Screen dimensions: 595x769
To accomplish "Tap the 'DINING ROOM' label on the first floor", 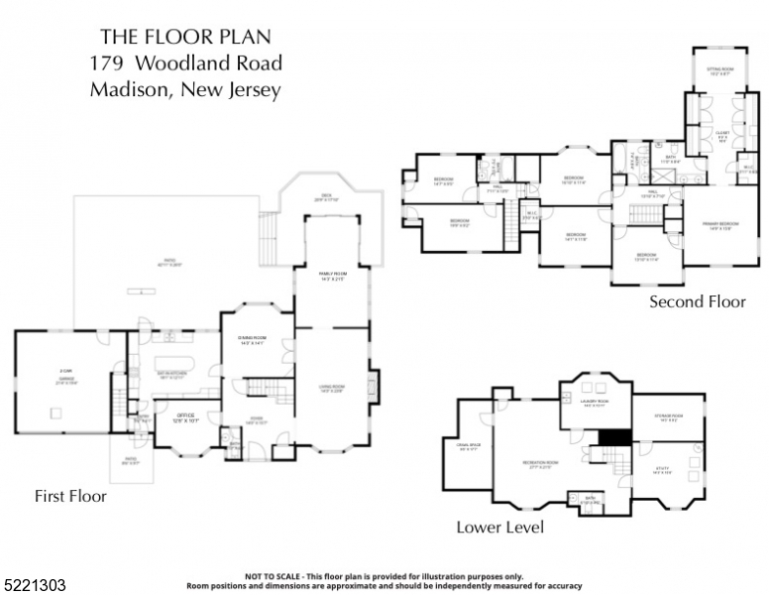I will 251,340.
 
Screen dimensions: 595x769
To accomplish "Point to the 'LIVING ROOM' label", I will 331,388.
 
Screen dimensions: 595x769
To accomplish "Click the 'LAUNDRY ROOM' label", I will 595,403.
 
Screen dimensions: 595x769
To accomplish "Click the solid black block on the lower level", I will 616,437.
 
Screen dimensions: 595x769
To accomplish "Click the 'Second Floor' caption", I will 697,301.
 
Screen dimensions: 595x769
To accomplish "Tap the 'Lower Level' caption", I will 499,528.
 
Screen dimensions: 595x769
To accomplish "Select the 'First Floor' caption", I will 70,495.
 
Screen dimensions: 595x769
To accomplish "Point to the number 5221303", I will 34,586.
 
